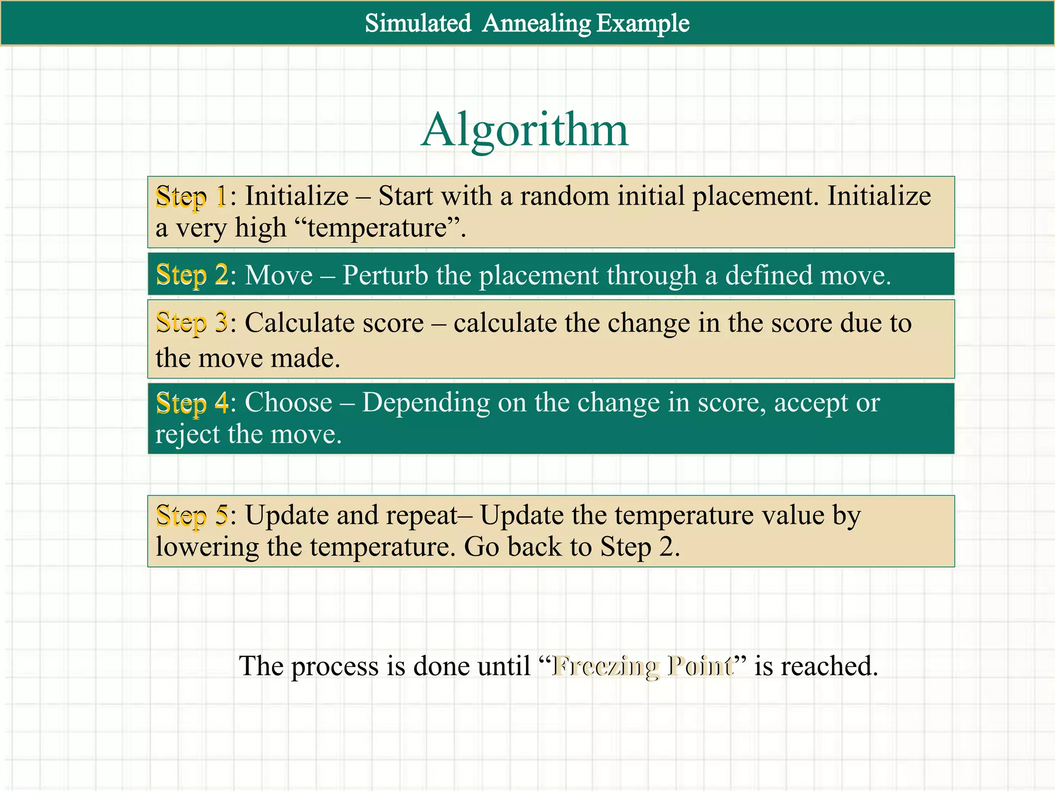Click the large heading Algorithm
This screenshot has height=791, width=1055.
coord(524,130)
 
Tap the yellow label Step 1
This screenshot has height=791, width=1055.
coord(191,197)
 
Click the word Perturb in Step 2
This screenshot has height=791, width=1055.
coord(384,275)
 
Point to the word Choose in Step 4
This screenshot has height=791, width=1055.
coord(288,402)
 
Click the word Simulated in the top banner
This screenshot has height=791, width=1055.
coord(418,23)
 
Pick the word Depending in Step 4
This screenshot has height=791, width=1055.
coord(426,402)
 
